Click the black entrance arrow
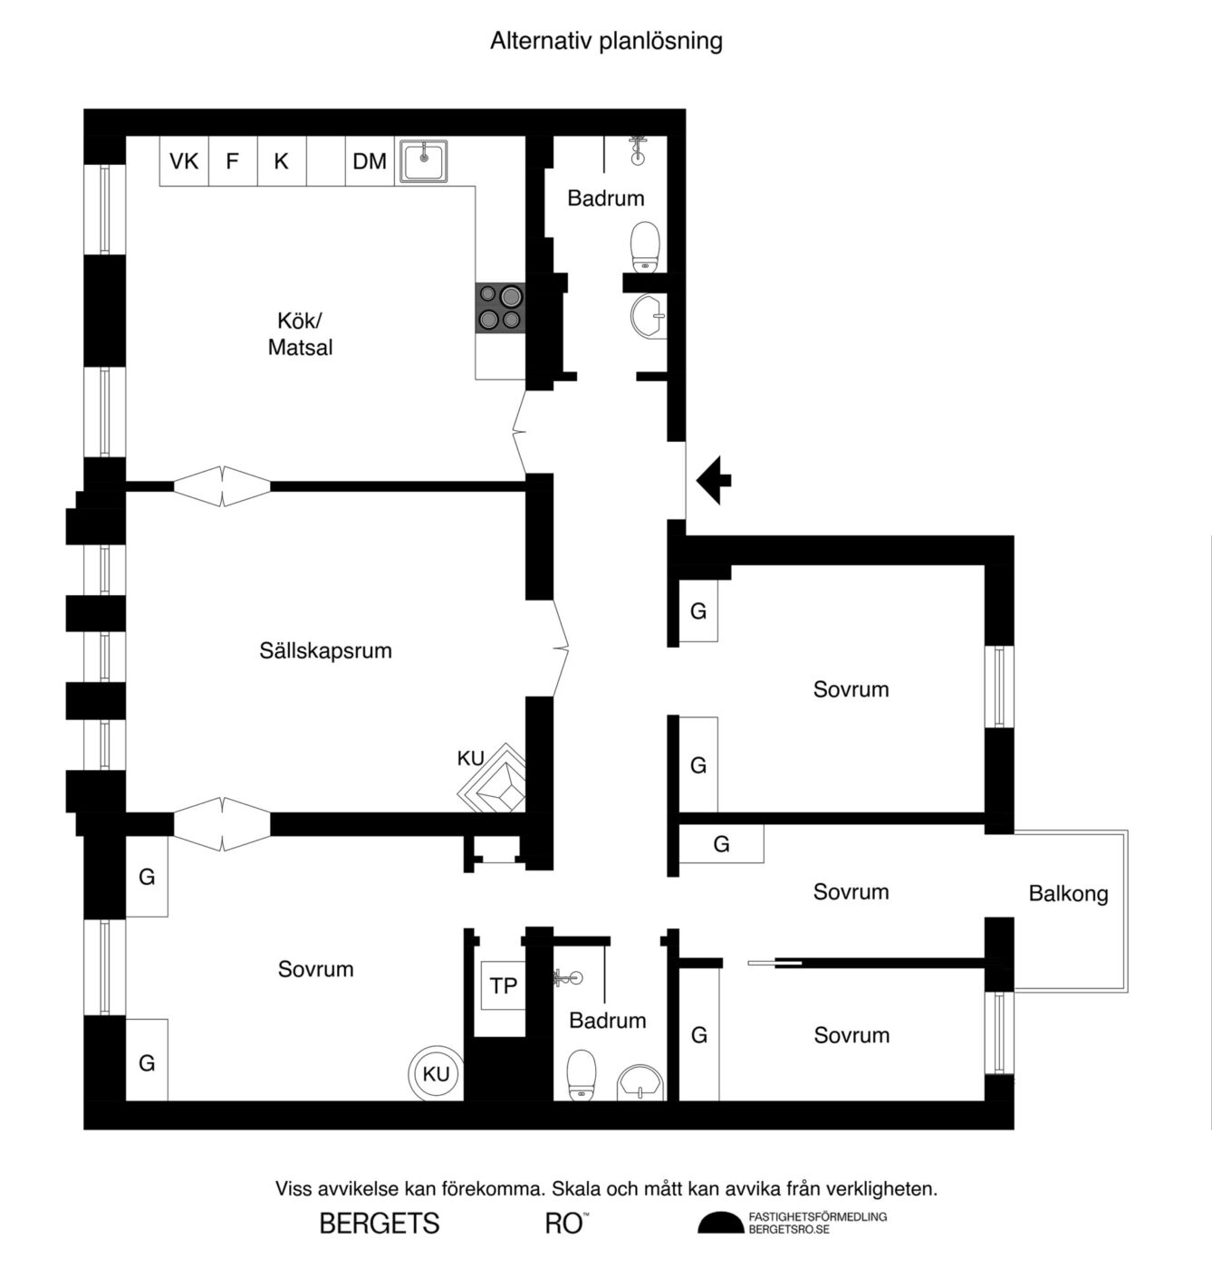pyautogui.click(x=713, y=480)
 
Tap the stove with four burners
pyautogui.click(x=500, y=308)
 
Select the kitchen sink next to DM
pyautogui.click(x=424, y=161)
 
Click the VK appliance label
pyautogui.click(x=184, y=161)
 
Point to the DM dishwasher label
pyautogui.click(x=370, y=161)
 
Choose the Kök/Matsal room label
pyautogui.click(x=301, y=333)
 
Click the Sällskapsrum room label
pyautogui.click(x=326, y=650)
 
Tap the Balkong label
pyautogui.click(x=1069, y=893)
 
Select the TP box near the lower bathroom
pyautogui.click(x=503, y=985)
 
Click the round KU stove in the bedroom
pyautogui.click(x=436, y=1073)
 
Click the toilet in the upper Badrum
pyautogui.click(x=645, y=247)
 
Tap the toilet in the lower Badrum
pyautogui.click(x=582, y=1075)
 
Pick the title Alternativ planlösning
pyautogui.click(x=606, y=41)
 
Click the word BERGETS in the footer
pyautogui.click(x=380, y=1224)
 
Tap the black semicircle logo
pyautogui.click(x=721, y=1223)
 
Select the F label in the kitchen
pyautogui.click(x=232, y=161)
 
